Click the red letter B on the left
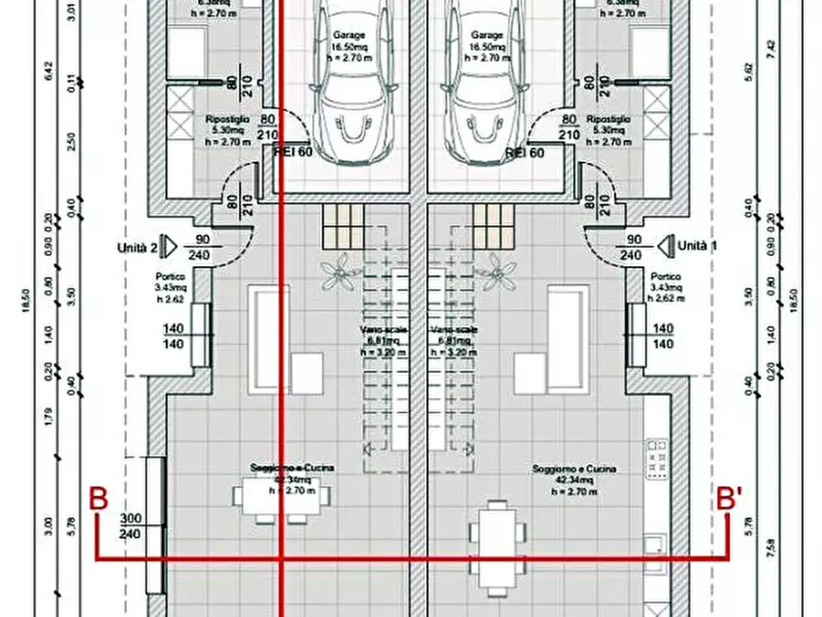(98, 499)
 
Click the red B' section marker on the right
(730, 499)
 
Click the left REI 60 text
(295, 153)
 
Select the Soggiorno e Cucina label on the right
(573, 481)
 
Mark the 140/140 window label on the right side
(662, 335)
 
